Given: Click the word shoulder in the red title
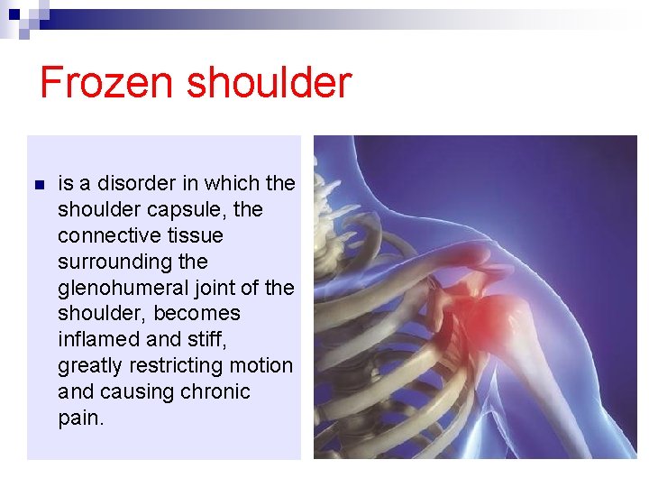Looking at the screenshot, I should [x=269, y=83].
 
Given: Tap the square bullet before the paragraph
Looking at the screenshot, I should [x=38, y=185].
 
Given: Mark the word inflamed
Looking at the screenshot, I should [x=97, y=340].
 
